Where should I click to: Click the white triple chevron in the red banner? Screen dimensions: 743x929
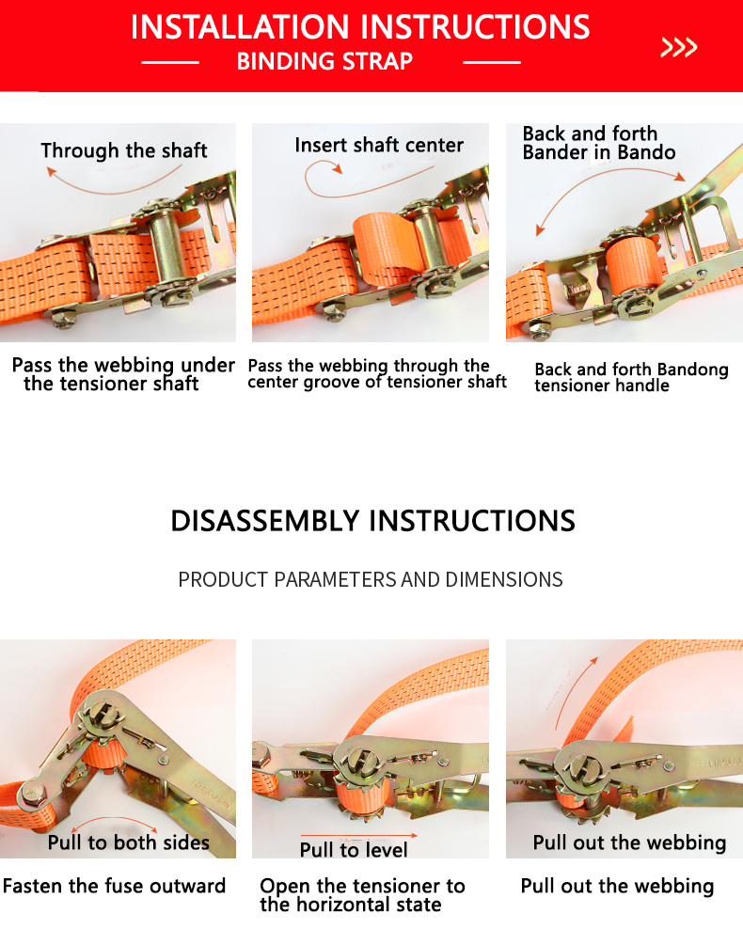coord(678,47)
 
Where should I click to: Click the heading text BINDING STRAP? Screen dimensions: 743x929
coord(324,62)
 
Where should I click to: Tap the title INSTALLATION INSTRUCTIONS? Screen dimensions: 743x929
coord(360,27)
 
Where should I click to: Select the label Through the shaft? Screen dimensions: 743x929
coord(124,150)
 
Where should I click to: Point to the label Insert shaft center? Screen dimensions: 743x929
coord(379,145)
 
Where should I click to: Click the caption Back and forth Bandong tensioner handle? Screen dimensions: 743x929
coord(631,377)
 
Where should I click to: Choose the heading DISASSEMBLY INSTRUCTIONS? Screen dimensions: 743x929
coord(372,521)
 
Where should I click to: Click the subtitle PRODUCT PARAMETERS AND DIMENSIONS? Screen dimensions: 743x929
coord(371,579)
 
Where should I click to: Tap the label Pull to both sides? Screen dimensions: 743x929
coord(129,842)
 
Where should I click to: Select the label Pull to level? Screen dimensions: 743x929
coord(354,850)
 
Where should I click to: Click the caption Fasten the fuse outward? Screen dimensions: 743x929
coord(115,886)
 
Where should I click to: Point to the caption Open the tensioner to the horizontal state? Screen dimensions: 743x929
coord(362,895)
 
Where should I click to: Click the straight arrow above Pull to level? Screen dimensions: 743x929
coord(359,835)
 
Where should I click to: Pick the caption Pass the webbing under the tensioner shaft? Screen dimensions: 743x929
coord(123,374)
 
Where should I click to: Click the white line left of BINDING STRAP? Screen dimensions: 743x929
coord(170,62)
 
